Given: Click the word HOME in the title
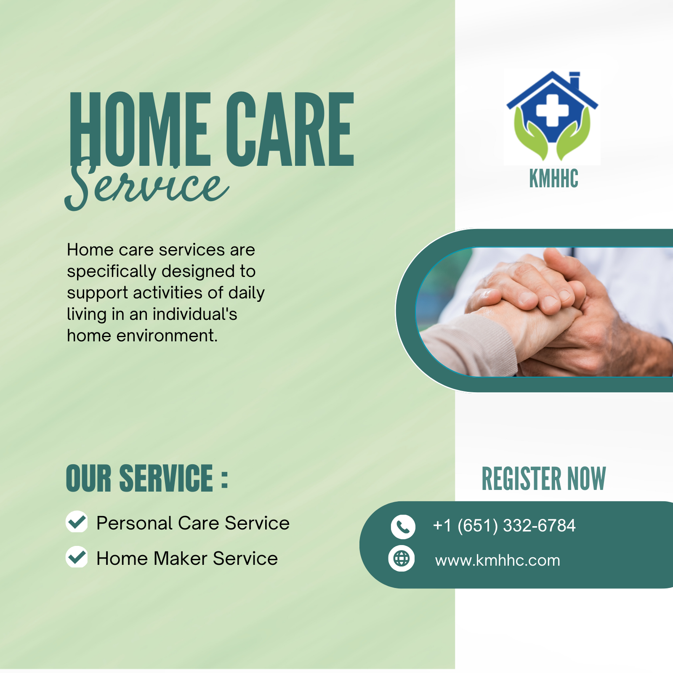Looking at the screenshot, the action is (x=140, y=129).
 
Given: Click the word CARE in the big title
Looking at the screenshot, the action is (x=290, y=129).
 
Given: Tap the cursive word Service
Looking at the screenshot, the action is (x=147, y=184).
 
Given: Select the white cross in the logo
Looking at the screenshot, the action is (x=552, y=110).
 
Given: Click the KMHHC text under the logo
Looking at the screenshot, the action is (x=553, y=178).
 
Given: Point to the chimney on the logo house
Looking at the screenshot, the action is (x=574, y=81).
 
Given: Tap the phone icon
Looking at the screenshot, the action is (x=403, y=527).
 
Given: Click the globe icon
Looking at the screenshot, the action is (x=401, y=559).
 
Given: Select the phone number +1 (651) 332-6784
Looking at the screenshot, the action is (x=504, y=526).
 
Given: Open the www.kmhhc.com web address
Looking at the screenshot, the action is (x=497, y=560).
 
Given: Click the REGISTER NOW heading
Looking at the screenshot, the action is (x=543, y=479).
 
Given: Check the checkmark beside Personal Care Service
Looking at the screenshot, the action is (x=77, y=522).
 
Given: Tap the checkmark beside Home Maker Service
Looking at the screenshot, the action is (x=77, y=557).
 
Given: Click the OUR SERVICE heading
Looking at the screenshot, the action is (x=147, y=478).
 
